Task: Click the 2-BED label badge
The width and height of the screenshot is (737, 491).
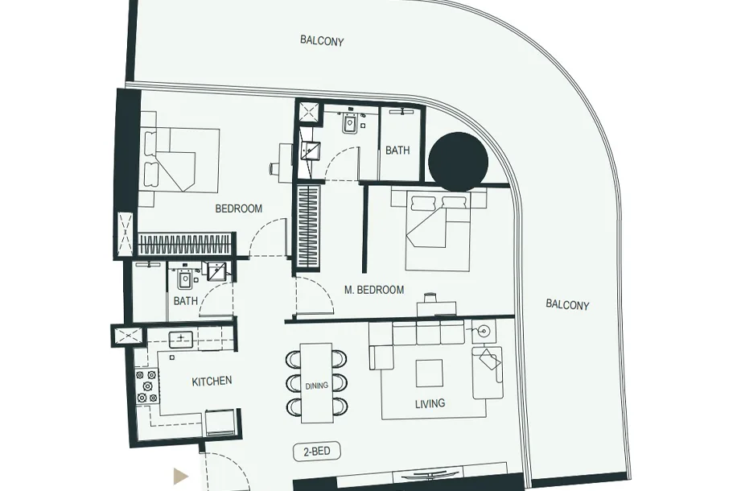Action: pyautogui.click(x=317, y=452)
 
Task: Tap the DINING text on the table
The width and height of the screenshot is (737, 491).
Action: pyautogui.click(x=317, y=386)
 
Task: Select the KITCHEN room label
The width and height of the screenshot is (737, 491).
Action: pyautogui.click(x=212, y=381)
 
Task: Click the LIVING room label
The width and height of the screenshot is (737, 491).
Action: pyautogui.click(x=430, y=403)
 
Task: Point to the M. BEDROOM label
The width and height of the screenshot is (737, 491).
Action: pyautogui.click(x=374, y=290)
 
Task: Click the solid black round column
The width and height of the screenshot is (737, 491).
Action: pyautogui.click(x=459, y=162)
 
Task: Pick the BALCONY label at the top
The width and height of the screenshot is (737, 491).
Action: pyautogui.click(x=322, y=41)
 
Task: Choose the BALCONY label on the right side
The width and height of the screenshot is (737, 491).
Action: pyautogui.click(x=567, y=305)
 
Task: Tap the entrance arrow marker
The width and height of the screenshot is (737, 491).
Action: pyautogui.click(x=180, y=476)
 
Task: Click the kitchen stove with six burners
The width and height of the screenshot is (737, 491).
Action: pyautogui.click(x=146, y=386)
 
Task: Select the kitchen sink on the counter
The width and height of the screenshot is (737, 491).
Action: pyautogui.click(x=181, y=338)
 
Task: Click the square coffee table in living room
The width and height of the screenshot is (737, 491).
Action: pyautogui.click(x=429, y=373)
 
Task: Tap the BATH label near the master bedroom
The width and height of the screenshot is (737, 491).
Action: pyautogui.click(x=397, y=150)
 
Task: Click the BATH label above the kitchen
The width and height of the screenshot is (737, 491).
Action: pyautogui.click(x=186, y=300)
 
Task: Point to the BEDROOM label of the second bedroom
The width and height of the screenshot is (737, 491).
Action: pyautogui.click(x=239, y=208)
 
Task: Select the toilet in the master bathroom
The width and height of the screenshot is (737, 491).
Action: pyautogui.click(x=350, y=123)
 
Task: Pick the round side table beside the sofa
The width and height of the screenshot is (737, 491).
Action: pyautogui.click(x=484, y=331)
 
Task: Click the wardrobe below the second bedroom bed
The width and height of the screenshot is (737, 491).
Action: pyautogui.click(x=186, y=244)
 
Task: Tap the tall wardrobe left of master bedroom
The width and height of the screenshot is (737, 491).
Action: pyautogui.click(x=309, y=228)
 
